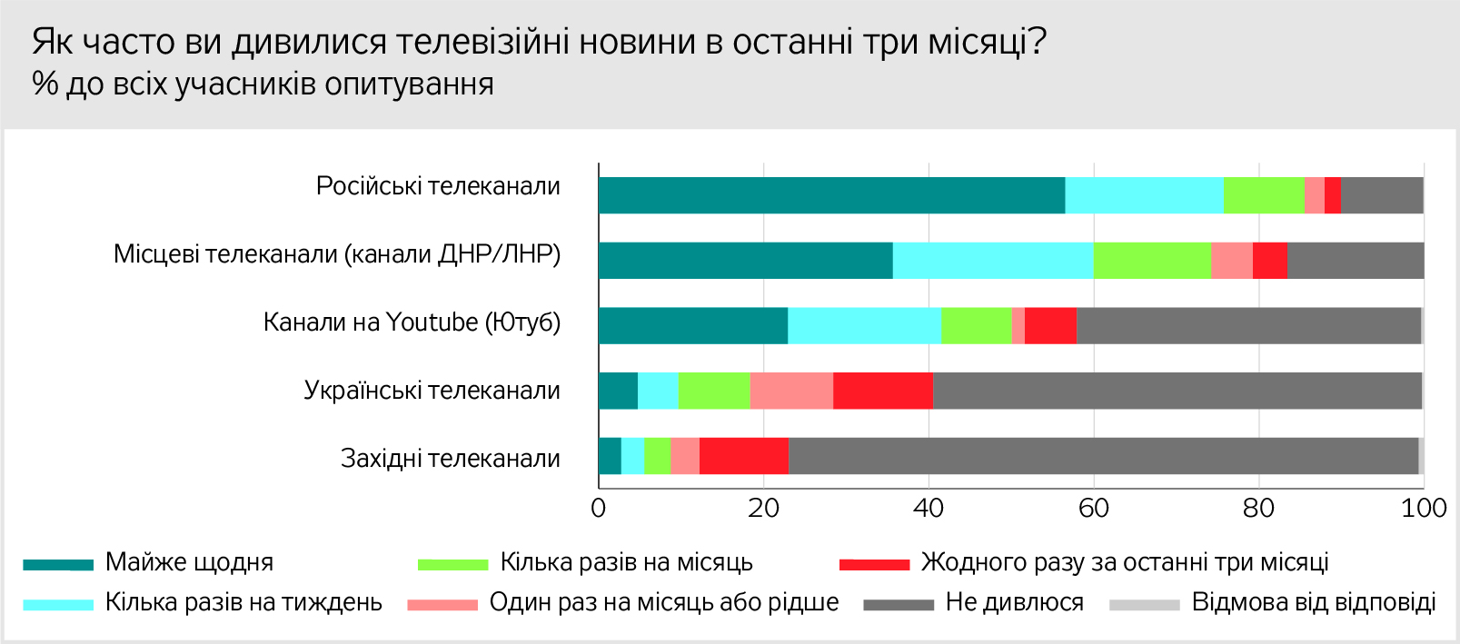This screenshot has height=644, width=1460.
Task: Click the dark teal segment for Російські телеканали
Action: click(x=831, y=195)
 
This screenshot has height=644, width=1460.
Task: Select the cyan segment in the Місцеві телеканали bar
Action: click(x=993, y=261)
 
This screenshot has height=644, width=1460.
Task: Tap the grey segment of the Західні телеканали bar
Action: click(x=1103, y=456)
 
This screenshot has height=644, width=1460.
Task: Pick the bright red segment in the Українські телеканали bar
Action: click(x=882, y=391)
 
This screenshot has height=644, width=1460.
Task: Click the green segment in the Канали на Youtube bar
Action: click(x=976, y=326)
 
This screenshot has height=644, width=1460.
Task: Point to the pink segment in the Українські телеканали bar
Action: click(x=791, y=391)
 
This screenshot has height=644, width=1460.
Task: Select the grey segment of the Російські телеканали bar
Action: click(x=1381, y=195)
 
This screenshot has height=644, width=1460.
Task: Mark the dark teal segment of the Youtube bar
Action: click(x=693, y=326)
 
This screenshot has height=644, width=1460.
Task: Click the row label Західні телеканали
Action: click(x=450, y=459)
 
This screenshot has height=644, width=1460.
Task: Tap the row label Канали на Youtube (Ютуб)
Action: click(x=412, y=322)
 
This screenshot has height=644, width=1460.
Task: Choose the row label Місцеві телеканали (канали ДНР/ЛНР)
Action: click(x=337, y=254)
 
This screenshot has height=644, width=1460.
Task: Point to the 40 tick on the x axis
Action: click(x=929, y=508)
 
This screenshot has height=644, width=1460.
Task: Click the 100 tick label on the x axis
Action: click(x=1424, y=508)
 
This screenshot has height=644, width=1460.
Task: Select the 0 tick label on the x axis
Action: click(x=598, y=508)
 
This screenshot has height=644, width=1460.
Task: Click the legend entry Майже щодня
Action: click(x=189, y=562)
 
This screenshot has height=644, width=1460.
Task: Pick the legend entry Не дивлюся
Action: click(x=1014, y=602)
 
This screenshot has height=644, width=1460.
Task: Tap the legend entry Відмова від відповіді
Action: click(x=1313, y=602)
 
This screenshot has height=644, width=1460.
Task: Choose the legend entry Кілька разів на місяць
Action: click(x=626, y=562)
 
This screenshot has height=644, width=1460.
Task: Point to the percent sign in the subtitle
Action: click(x=45, y=84)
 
